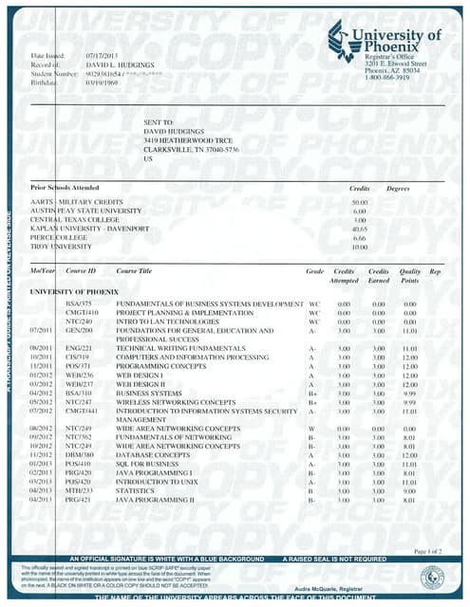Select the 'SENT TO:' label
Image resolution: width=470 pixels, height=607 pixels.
160,124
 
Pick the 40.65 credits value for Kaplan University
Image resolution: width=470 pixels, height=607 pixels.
358,229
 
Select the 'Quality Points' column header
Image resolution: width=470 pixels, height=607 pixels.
410,276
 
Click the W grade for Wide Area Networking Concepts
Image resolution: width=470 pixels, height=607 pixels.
311,429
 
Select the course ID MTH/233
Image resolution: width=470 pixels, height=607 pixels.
79,490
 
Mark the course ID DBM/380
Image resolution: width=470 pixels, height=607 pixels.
79,455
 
